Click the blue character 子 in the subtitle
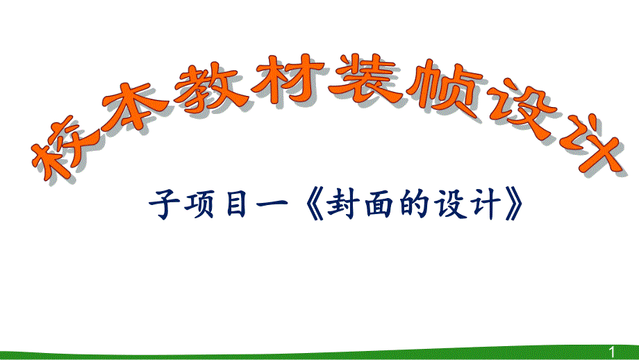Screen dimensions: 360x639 click(165, 205)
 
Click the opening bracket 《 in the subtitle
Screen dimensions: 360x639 click(310, 206)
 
